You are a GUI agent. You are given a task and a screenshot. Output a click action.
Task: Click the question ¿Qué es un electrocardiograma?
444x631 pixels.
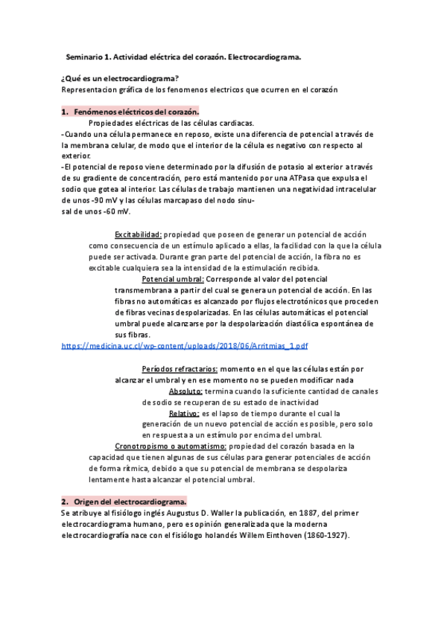[119, 78]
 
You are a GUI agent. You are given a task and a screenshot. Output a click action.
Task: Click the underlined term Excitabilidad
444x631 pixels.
[138, 234]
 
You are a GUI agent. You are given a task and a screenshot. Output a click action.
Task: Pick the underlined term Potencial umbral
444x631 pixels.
[172, 279]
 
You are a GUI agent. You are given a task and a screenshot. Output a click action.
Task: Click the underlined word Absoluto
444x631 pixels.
[185, 391]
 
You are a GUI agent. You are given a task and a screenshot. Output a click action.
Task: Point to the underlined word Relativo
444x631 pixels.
[184, 413]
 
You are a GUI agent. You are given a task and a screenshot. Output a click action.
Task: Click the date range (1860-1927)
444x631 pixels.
[322, 535]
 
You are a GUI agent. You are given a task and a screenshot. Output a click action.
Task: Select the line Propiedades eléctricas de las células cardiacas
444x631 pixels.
[171, 123]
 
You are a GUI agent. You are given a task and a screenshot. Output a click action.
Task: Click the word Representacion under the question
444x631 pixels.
[90, 89]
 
